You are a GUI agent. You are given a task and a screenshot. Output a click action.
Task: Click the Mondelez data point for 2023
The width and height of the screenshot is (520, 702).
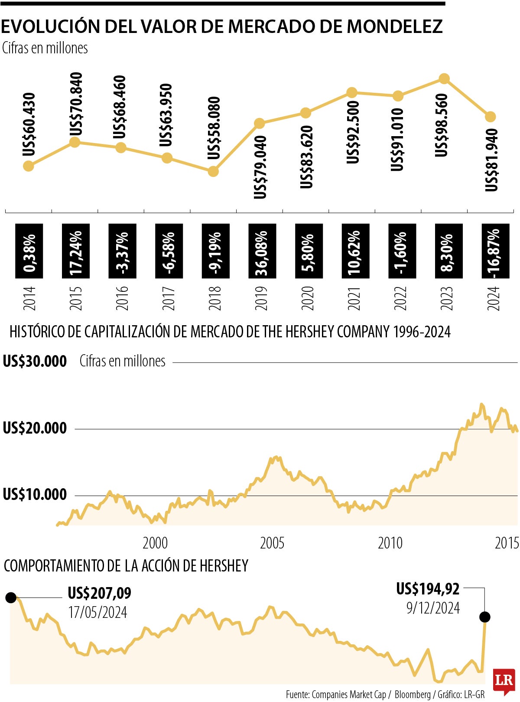coord(444,79)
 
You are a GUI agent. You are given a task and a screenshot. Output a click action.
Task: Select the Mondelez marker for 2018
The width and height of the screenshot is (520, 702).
coord(213,171)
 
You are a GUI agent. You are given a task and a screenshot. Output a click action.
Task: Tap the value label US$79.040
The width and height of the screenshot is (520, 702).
coord(260,168)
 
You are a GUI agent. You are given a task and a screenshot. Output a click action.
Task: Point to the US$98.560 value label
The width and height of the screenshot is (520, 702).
coord(441,126)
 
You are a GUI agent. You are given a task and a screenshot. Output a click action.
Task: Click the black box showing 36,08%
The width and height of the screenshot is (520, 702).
coord(262,251)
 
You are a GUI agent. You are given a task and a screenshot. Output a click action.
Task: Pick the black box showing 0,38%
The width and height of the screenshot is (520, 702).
coord(29,251)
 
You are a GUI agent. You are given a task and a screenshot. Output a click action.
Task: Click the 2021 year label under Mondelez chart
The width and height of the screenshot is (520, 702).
coord(354,298)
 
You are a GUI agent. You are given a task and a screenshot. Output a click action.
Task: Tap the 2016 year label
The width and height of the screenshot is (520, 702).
coord(122,298)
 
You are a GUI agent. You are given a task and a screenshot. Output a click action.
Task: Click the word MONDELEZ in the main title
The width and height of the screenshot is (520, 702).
coord(395,26)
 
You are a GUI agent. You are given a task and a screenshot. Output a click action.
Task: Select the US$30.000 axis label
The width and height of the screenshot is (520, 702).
coord(35,361)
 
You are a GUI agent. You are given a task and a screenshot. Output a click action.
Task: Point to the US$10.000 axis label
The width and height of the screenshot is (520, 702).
coord(35,494)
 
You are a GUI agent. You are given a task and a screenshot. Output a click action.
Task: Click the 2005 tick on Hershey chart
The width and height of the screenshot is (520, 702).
coord(272,543)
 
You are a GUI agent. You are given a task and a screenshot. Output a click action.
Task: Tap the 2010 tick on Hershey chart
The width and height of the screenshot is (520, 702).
coord(390,543)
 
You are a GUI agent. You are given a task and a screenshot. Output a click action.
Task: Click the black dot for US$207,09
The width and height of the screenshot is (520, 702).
coord(11,598)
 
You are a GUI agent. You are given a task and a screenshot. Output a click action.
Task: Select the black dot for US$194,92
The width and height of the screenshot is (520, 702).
coord(485,617)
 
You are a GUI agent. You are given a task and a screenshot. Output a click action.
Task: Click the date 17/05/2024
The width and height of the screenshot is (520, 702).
coord(97,612)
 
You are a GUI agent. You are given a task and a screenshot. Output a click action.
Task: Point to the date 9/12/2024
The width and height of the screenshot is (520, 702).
coord(433,608)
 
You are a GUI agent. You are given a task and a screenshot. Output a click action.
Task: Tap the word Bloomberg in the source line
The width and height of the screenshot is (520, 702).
coord(413,695)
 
